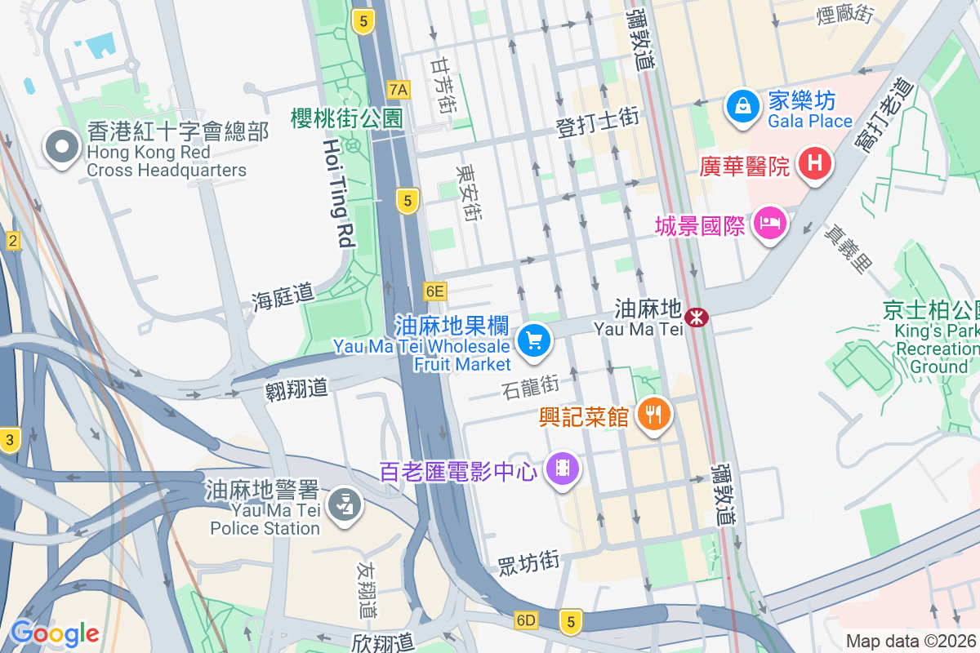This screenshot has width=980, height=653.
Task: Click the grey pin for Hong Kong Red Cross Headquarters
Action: tap(61, 148)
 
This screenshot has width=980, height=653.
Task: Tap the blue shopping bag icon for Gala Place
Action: tap(742, 106)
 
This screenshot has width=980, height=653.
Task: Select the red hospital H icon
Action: tap(814, 163)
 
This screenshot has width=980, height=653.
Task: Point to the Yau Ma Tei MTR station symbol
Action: tap(697, 317)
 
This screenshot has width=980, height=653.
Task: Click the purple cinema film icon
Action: tap(562, 469)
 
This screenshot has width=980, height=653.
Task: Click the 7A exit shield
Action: tap(399, 88)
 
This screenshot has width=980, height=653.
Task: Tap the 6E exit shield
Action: tap(435, 291)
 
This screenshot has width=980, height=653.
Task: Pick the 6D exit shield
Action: tap(526, 620)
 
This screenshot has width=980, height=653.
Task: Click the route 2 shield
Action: tap(12, 241)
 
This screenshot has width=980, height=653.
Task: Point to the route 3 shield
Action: tap(9, 439)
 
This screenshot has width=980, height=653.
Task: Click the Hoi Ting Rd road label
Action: tap(339, 193)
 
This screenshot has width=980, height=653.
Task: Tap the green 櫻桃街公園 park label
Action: tap(347, 118)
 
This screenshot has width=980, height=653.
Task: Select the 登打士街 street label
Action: tap(597, 118)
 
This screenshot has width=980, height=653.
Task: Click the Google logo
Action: tap(55, 633)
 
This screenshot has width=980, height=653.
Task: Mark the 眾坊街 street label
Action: tap(528, 562)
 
